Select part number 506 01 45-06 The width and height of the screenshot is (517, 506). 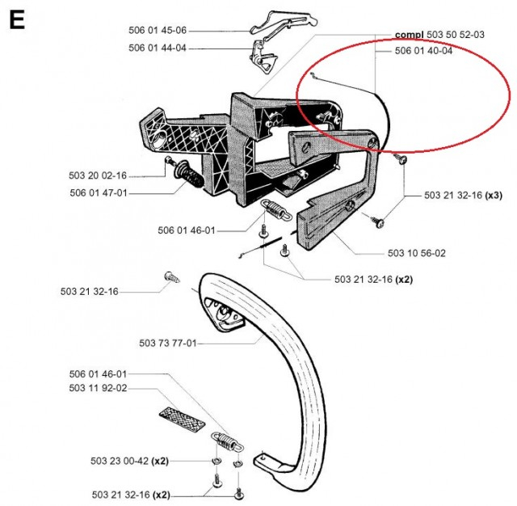point(157,31)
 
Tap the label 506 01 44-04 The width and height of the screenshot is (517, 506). point(157,48)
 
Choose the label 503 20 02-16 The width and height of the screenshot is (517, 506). point(98,175)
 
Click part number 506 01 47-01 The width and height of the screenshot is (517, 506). point(98,193)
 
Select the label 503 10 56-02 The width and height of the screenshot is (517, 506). point(416,253)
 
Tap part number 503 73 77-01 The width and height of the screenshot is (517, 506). point(167,344)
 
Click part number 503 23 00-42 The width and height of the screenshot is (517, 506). point(120,461)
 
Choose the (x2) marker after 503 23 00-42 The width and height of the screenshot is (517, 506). point(160,461)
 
